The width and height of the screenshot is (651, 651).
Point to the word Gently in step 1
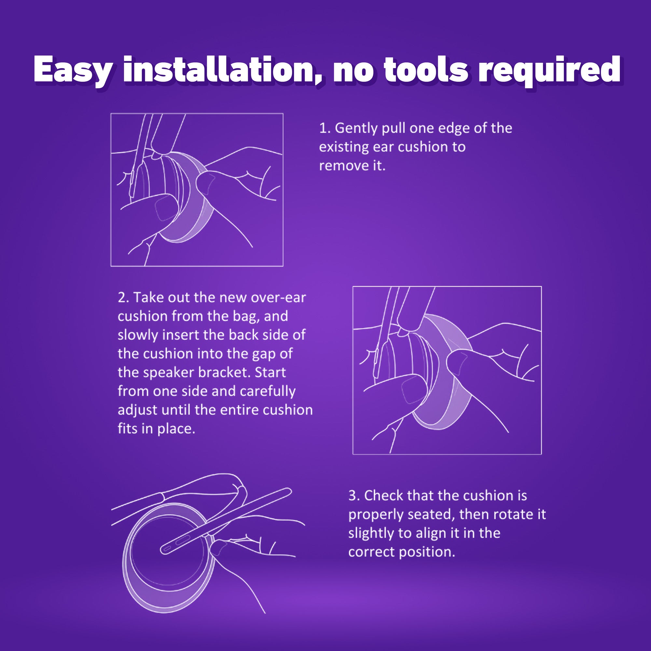click(x=356, y=128)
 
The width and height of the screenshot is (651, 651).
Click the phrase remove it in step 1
click(x=352, y=166)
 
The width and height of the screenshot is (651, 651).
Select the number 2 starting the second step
click(x=122, y=298)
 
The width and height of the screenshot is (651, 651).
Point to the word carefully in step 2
click(x=268, y=391)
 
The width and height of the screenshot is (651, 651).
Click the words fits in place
click(x=156, y=429)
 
